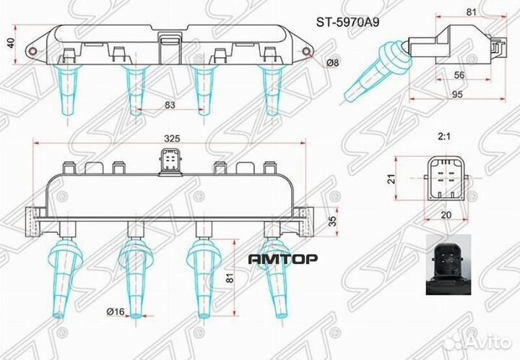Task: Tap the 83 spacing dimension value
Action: (x=170, y=106)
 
